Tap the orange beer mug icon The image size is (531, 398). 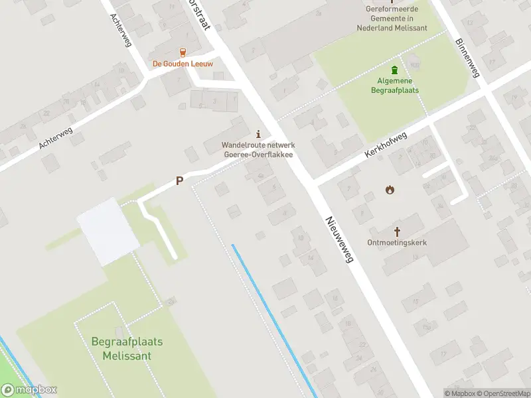click(x=183, y=52)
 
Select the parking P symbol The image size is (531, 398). click(x=179, y=180)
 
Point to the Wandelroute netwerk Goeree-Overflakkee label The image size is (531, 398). click(x=258, y=149)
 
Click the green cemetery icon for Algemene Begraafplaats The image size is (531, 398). click(x=395, y=70)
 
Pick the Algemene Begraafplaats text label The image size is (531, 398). click(x=395, y=86)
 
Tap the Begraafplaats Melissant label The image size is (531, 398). click(x=127, y=349)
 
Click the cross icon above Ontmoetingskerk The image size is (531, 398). click(x=398, y=231)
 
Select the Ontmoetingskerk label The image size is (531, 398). click(x=397, y=243)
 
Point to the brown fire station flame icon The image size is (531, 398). click(x=390, y=190)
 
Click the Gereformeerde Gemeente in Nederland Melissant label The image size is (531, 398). click(x=392, y=19)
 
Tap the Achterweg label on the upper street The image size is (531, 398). click(x=122, y=31)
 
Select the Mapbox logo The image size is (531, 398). click(x=29, y=390)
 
